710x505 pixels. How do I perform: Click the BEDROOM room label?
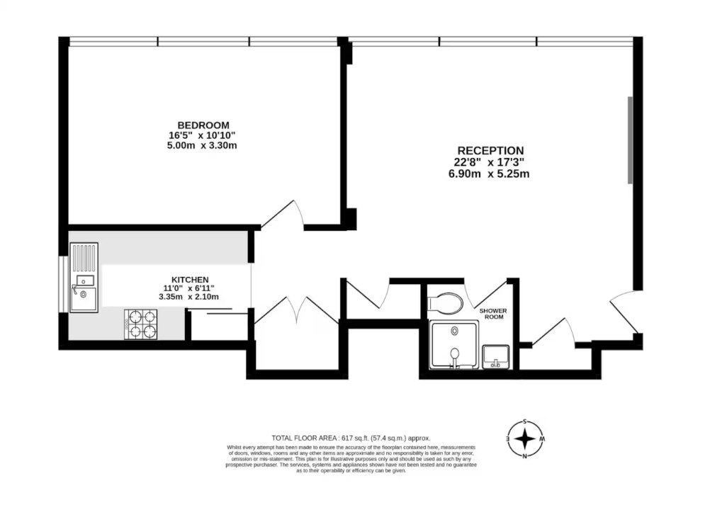point(203,125)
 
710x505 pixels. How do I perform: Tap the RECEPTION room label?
point(490,151)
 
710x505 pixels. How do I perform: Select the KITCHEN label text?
point(190,280)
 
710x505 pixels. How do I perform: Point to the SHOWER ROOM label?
point(493,314)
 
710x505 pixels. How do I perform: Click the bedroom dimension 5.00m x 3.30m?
point(202,146)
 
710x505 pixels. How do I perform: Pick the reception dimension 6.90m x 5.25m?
point(489,174)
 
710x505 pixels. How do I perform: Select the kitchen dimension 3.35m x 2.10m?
point(188,297)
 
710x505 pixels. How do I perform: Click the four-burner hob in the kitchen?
point(141,324)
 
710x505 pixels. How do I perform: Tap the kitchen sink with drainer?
point(84,278)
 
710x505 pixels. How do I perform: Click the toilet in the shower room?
point(445,302)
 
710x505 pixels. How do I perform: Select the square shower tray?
point(454,344)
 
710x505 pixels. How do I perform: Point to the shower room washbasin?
point(496,356)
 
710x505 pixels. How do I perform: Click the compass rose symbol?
point(525,439)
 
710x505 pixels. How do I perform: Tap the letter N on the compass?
point(525,455)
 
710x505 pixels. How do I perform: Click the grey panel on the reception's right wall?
point(630,140)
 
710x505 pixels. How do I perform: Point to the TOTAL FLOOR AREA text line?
point(351,438)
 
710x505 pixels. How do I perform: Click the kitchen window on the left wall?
point(63,285)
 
